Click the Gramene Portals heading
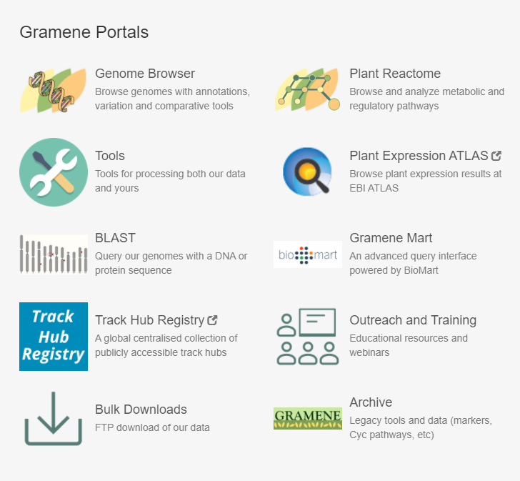84,32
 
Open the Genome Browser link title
145,74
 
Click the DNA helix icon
53,90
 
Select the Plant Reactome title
395,74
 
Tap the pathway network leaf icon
307,89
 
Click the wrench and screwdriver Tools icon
54,172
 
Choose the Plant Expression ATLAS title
419,156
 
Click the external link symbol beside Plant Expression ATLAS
496,156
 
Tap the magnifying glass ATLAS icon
307,171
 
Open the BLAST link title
115,238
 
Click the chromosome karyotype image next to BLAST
54,254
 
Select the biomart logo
308,254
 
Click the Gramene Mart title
391,238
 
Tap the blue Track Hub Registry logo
54,337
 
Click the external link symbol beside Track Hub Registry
212,320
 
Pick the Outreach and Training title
413,320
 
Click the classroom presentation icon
307,337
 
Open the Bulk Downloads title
141,410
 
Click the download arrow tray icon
54,419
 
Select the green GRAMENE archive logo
308,418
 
